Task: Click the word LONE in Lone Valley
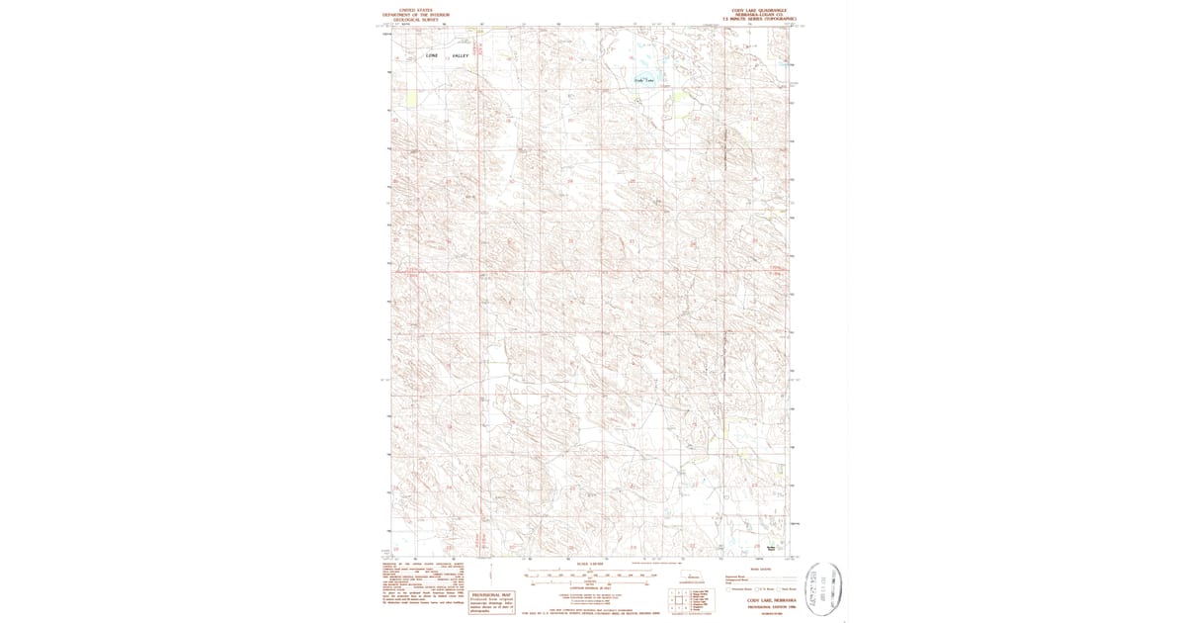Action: pyautogui.click(x=431, y=55)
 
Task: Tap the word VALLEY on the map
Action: pyautogui.click(x=461, y=55)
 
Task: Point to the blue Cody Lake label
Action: pyautogui.click(x=644, y=79)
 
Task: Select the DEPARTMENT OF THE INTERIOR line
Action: pyautogui.click(x=415, y=13)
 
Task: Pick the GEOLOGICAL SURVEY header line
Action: pyautogui.click(x=415, y=18)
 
